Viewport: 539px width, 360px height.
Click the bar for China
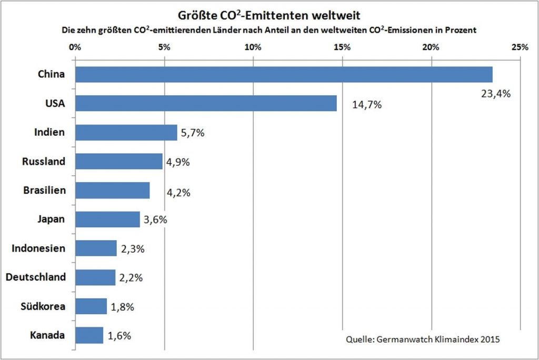pyautogui.click(x=284, y=74)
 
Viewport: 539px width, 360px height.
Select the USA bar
pyautogui.click(x=206, y=103)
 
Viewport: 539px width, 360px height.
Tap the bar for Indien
pyautogui.click(x=126, y=132)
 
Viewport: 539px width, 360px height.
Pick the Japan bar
pyautogui.click(x=107, y=219)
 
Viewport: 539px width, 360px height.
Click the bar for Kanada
pyautogui.click(x=89, y=335)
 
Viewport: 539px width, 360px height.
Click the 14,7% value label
pyautogui.click(x=366, y=105)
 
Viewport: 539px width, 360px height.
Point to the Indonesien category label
pyautogui.click(x=38, y=248)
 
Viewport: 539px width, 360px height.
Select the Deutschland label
pyautogui.click(x=36, y=277)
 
